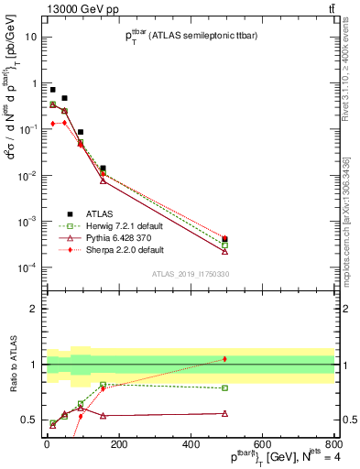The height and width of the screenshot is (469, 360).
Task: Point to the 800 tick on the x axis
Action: coord(334,442)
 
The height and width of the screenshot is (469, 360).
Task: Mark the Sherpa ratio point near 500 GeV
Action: coord(225,359)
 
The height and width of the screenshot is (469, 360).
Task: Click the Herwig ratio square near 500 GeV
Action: coord(225,387)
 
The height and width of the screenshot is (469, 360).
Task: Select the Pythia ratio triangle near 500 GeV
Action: coord(225,413)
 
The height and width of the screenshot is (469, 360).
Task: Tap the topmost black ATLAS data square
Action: coord(52,90)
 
